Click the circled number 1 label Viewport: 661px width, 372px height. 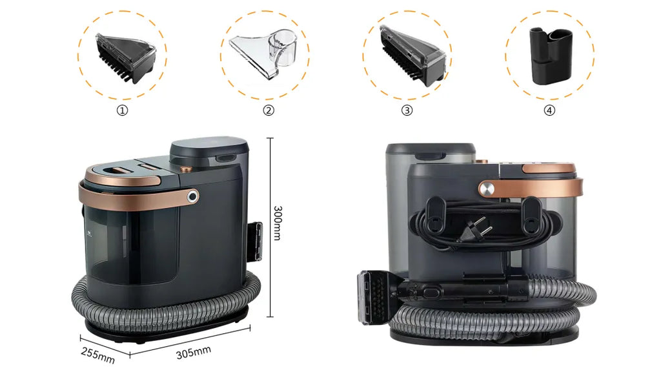click(122, 110)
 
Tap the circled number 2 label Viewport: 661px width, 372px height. click(269, 110)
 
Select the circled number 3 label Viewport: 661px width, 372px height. click(407, 110)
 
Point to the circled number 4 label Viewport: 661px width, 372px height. click(549, 110)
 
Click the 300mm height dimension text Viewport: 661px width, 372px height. click(278, 223)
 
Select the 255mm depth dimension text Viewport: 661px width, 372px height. click(98, 355)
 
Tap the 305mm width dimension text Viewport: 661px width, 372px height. click(194, 353)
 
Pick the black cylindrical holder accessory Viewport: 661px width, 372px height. click(551, 56)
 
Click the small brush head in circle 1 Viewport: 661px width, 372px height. click(126, 57)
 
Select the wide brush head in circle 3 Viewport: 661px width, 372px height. click(412, 56)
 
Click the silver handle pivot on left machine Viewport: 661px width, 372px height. click(192, 196)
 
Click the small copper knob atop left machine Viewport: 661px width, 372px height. click(185, 169)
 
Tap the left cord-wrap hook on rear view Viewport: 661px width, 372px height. click(436, 214)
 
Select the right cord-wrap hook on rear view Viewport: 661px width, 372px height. click(531, 214)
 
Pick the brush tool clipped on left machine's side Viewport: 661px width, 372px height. click(255, 242)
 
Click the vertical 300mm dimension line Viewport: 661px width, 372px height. click(270, 227)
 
